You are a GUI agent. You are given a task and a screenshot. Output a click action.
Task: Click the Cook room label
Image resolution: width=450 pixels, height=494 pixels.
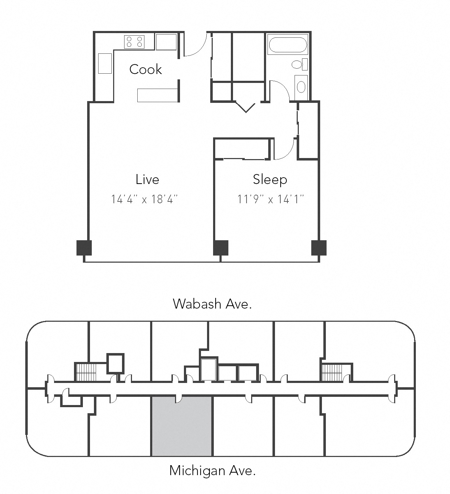tap(145, 69)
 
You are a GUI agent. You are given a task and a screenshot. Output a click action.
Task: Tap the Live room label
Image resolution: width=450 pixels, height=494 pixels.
tap(147, 179)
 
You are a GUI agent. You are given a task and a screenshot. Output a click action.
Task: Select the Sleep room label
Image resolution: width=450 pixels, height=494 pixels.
tap(270, 179)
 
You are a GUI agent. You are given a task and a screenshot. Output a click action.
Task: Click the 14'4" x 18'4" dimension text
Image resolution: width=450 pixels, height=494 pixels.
tap(144, 199)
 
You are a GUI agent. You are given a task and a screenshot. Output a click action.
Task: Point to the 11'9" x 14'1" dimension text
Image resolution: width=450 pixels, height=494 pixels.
tap(270, 199)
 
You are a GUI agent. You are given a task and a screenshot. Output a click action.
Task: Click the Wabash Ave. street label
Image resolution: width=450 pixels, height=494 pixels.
tap(212, 304)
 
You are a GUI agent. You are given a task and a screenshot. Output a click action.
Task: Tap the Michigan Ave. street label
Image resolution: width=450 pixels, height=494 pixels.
tap(212, 471)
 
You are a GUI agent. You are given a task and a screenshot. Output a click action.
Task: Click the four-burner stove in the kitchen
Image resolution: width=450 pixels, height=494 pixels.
tap(134, 42)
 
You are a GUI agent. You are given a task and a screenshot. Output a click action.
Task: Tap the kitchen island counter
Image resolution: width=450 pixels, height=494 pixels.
tap(157, 95)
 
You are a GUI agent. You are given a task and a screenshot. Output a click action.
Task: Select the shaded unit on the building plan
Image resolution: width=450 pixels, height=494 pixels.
tap(182, 427)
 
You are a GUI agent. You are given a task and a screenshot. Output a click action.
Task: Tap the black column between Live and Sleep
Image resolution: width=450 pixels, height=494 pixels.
tap(221, 248)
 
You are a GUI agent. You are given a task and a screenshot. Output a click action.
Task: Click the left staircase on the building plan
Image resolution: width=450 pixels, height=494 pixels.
tap(86, 372)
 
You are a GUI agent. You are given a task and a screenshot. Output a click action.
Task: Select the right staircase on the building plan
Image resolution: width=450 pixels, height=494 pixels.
tap(332, 372)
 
